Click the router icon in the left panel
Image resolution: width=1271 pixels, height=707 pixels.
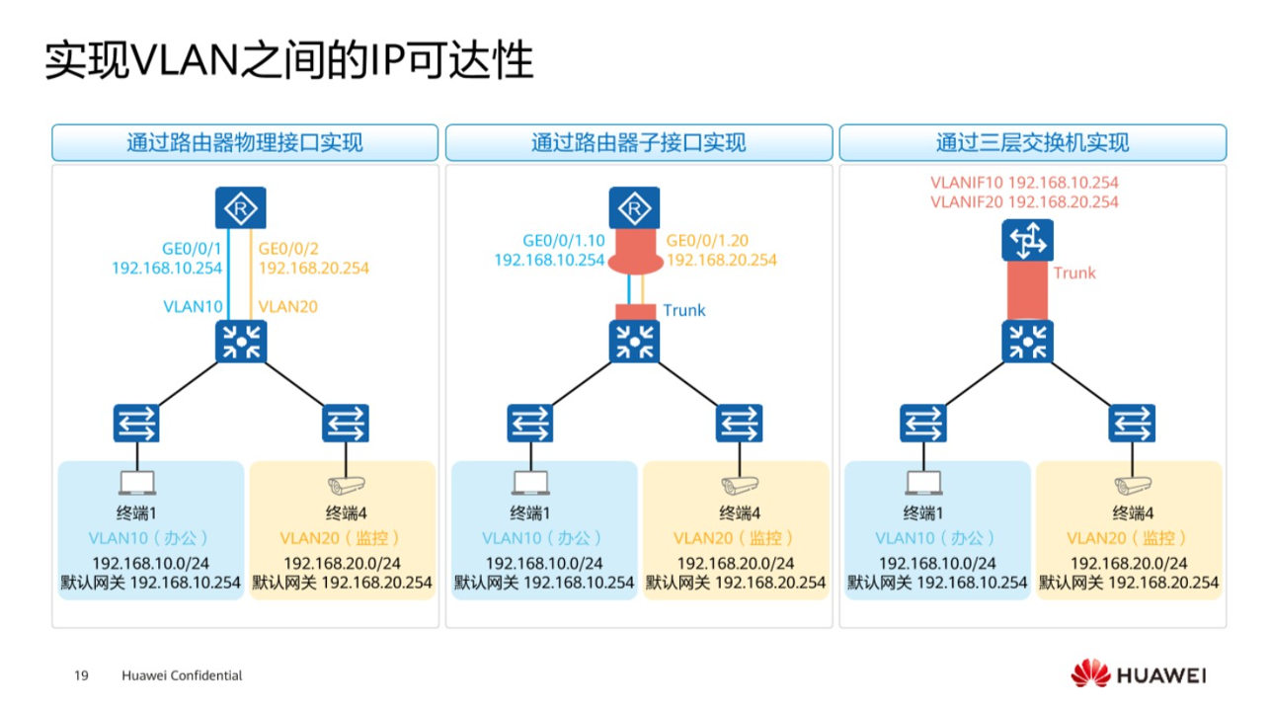tap(241, 209)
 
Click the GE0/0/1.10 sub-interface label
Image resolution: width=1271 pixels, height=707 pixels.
tap(564, 240)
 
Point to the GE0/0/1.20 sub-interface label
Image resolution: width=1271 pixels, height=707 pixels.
tap(708, 240)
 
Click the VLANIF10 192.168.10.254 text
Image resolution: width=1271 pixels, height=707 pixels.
tap(1024, 183)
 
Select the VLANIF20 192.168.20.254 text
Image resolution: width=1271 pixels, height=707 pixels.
tap(1024, 201)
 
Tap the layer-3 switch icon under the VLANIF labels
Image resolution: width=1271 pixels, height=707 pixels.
tap(1028, 240)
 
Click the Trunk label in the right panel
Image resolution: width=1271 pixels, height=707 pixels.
tap(1074, 274)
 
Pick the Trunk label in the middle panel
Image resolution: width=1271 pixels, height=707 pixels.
tap(684, 310)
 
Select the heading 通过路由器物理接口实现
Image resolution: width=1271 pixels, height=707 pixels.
tap(244, 143)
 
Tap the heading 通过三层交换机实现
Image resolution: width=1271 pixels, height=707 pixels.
tap(1032, 143)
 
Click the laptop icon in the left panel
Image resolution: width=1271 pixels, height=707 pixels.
tap(137, 484)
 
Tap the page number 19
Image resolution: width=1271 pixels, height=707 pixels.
tap(82, 675)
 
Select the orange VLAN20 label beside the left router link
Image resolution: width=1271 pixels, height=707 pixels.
tap(288, 307)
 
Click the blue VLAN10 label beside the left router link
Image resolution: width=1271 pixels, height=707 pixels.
tap(193, 307)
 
